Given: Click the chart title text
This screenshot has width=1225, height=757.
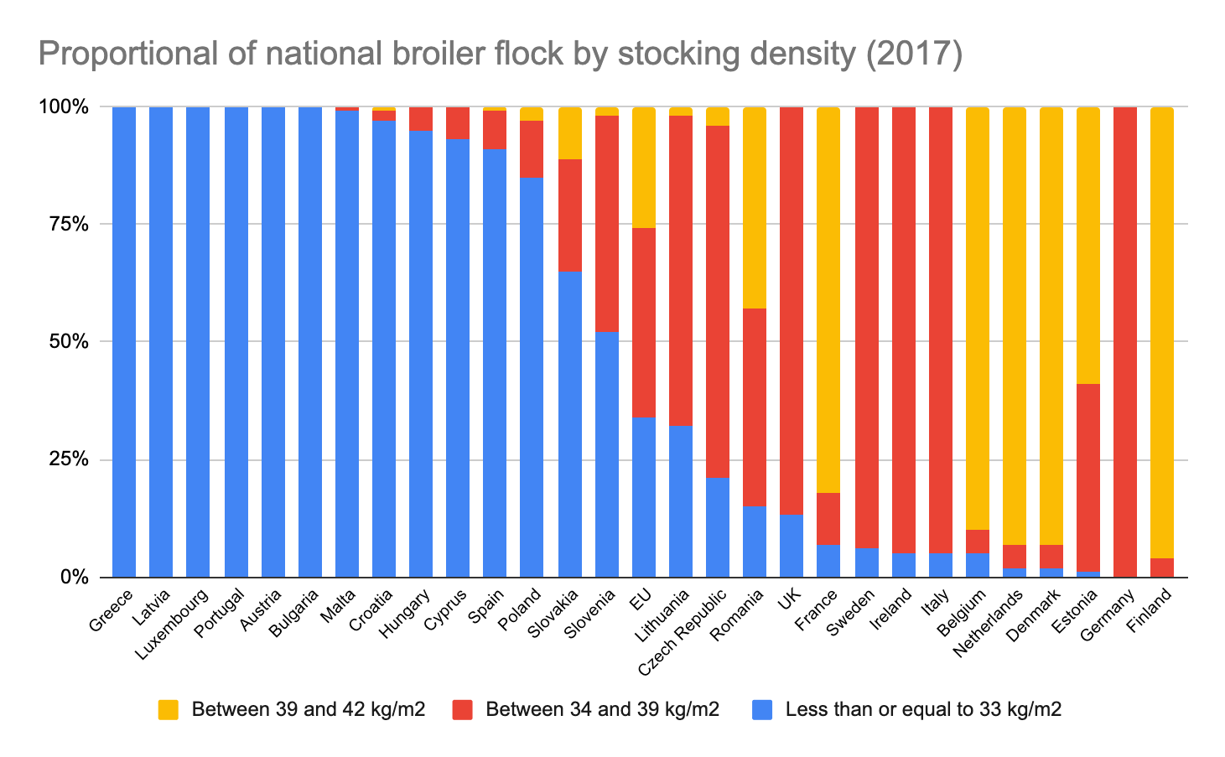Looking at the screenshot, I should (x=500, y=55).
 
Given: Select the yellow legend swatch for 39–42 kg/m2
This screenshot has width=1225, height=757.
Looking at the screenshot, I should (x=168, y=710).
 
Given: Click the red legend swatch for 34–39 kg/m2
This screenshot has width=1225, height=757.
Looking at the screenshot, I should (x=462, y=710).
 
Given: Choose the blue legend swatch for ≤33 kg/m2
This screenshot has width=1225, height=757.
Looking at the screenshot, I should (x=761, y=710).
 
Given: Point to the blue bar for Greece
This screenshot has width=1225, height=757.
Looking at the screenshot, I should (x=124, y=342).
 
